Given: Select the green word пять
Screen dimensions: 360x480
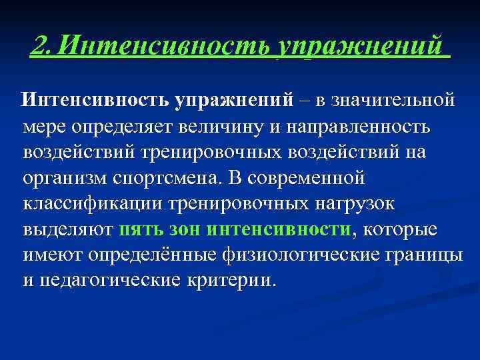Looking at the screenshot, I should pos(139,230).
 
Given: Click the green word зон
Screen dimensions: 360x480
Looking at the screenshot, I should pos(184,230).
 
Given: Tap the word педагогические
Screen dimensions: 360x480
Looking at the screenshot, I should pos(111,281).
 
